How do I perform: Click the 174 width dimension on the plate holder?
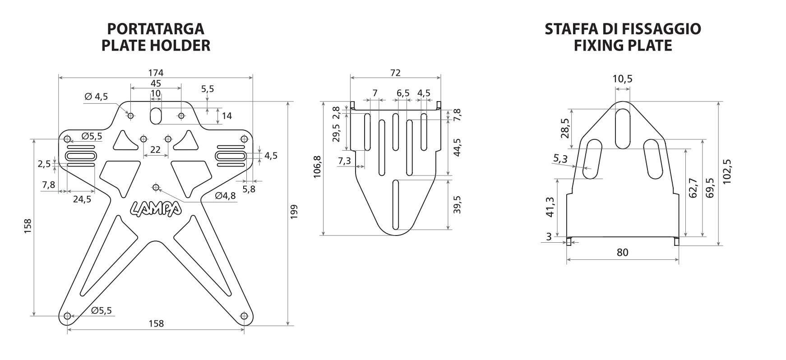pyautogui.click(x=156, y=72)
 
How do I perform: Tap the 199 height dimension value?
pyautogui.click(x=294, y=212)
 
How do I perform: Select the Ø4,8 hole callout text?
pyautogui.click(x=225, y=196)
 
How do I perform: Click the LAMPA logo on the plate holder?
pyautogui.click(x=156, y=208)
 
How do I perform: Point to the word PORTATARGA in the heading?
pyautogui.click(x=156, y=29)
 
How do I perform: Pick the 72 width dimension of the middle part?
pyautogui.click(x=395, y=73)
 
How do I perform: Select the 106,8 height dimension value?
pyautogui.click(x=317, y=167)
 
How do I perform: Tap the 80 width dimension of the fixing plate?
pyautogui.click(x=622, y=252)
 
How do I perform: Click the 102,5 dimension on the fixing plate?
pyautogui.click(x=727, y=171)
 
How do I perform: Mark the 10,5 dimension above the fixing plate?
pyautogui.click(x=622, y=79)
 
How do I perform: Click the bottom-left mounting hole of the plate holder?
pyautogui.click(x=67, y=316)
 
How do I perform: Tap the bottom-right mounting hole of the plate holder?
pyautogui.click(x=245, y=316)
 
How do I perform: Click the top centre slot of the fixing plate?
pyautogui.click(x=623, y=129)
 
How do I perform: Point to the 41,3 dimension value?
pyautogui.click(x=550, y=207)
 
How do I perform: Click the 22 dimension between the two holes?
pyautogui.click(x=155, y=149)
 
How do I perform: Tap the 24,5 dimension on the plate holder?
pyautogui.click(x=82, y=199)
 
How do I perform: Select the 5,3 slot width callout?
pyautogui.click(x=560, y=159)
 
